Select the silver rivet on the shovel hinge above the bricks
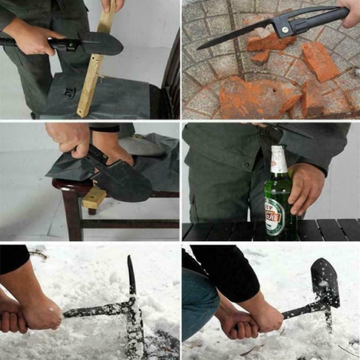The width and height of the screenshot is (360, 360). coord(283,28)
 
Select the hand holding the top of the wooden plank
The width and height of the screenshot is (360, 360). coord(112,5)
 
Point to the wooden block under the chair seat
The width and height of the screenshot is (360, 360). coord(94,197)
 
